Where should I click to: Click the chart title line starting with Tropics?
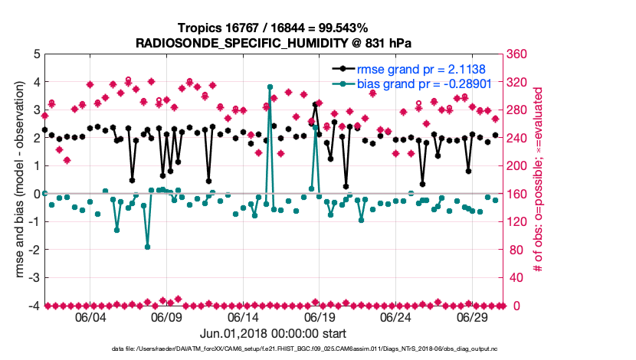click(x=274, y=28)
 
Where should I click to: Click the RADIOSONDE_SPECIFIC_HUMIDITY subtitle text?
click(x=274, y=42)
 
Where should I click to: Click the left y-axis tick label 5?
click(x=35, y=54)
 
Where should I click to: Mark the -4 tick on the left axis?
click(x=33, y=306)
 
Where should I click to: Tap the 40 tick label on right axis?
click(x=517, y=278)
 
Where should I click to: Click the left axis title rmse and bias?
click(x=13, y=180)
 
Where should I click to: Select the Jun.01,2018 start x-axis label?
click(x=274, y=334)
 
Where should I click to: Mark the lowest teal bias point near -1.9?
click(x=147, y=247)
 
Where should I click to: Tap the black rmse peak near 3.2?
click(x=315, y=104)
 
